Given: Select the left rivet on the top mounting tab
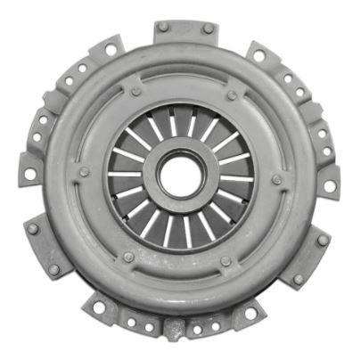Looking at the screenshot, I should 163,29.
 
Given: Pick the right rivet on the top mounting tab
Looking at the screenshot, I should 208,29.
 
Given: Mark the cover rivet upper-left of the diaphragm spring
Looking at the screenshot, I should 135,91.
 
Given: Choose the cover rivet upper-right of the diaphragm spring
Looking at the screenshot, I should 231,94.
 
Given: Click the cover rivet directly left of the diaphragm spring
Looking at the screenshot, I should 84,171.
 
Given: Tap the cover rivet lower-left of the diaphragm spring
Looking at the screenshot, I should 128,257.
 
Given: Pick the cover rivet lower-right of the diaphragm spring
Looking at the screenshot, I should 225,261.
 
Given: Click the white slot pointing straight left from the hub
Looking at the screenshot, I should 125,174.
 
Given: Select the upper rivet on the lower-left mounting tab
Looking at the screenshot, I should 33,228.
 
